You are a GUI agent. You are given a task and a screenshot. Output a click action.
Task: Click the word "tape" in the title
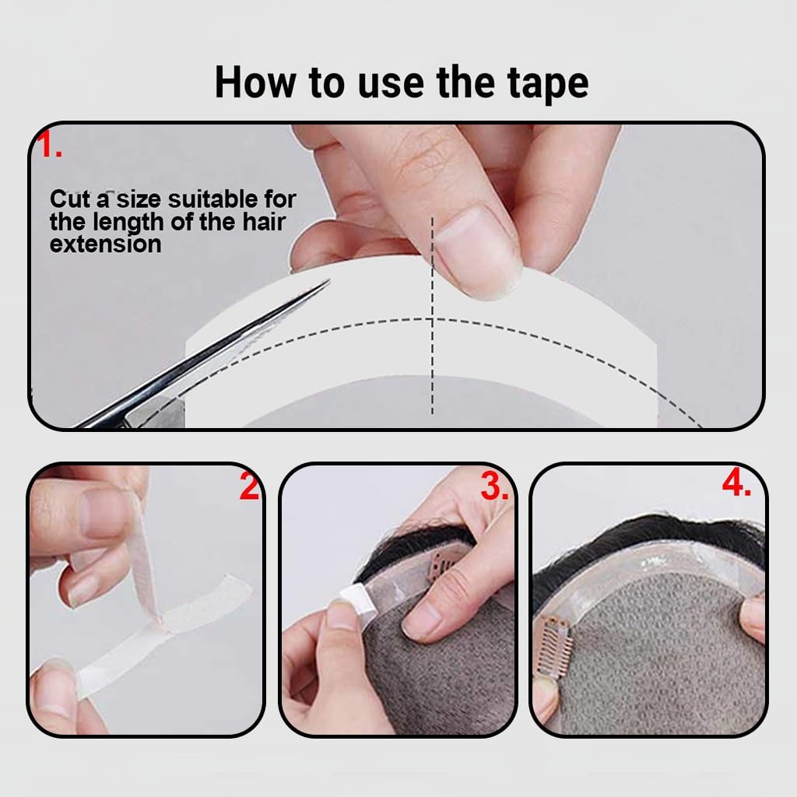tap(544, 83)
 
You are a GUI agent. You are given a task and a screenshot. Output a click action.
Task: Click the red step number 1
tap(51, 146)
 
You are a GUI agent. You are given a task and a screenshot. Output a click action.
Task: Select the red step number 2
tap(249, 488)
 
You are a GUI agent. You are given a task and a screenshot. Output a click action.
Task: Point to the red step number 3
tap(495, 488)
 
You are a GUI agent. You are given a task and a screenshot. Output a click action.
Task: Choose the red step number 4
tap(736, 484)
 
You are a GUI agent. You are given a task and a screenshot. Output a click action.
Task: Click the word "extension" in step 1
tap(105, 244)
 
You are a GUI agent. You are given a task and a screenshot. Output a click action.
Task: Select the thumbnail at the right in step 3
tap(424, 620)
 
